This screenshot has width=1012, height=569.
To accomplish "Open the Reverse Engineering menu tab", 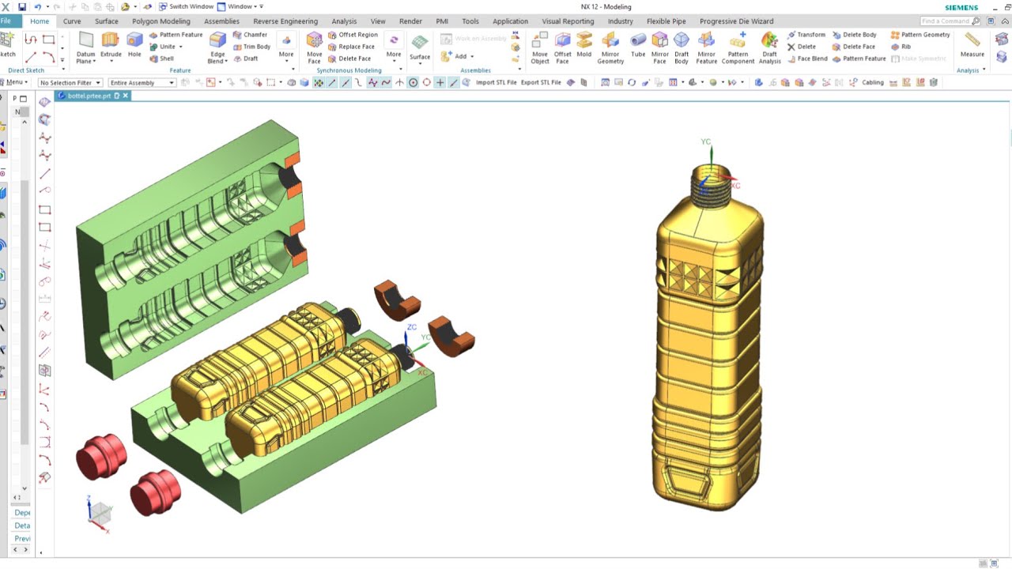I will pyautogui.click(x=285, y=21).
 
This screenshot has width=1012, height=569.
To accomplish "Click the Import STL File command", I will pyautogui.click(x=496, y=82).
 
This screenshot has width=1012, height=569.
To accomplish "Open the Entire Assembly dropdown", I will pyautogui.click(x=141, y=82).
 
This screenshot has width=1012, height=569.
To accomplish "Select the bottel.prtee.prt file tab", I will pyautogui.click(x=89, y=96).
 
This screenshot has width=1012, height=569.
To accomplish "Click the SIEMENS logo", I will pyautogui.click(x=961, y=7).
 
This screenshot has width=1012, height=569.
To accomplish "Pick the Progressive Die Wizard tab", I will pyautogui.click(x=736, y=21).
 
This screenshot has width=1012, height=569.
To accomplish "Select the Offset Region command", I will pyautogui.click(x=353, y=35).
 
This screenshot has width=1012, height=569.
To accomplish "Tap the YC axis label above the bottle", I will pyautogui.click(x=705, y=142).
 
